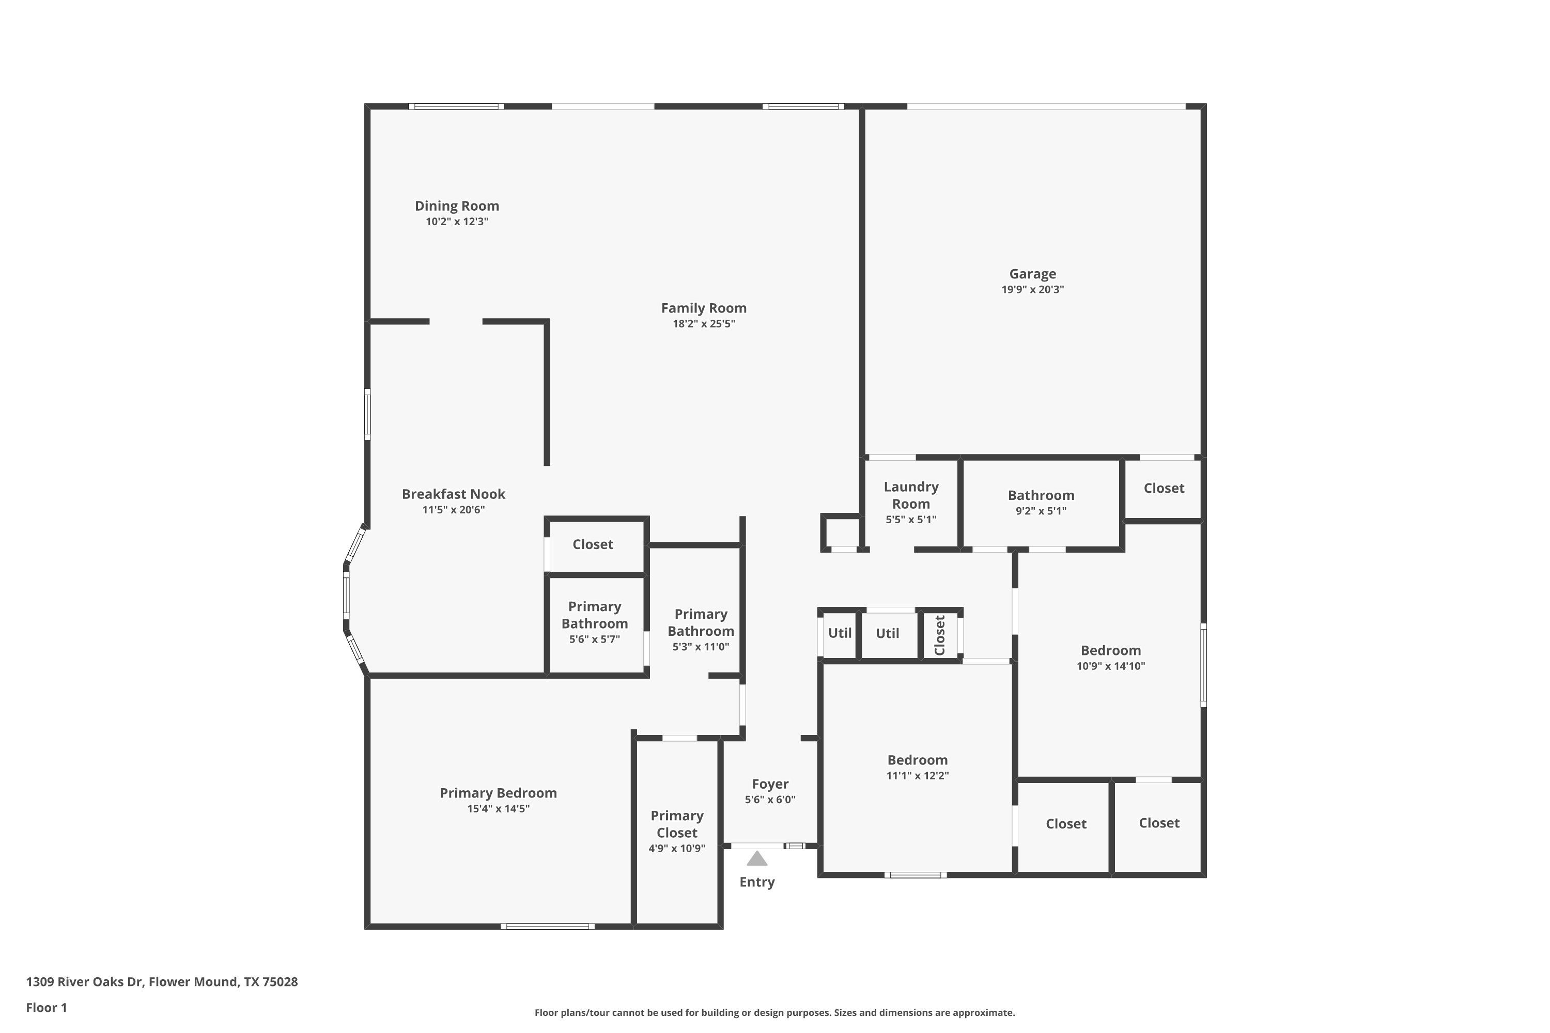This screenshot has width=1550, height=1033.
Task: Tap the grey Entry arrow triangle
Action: [x=756, y=859]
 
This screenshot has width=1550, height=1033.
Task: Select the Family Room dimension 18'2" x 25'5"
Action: [x=703, y=323]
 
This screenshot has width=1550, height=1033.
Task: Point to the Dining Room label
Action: [x=457, y=206]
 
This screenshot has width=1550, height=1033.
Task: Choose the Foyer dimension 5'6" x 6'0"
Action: [x=770, y=800]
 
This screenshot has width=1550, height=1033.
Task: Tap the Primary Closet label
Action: [x=677, y=824]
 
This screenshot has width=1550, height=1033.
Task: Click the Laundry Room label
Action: [x=911, y=495]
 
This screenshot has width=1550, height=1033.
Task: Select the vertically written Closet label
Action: [x=940, y=635]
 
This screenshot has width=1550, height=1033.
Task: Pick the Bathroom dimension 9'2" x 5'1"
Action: [x=1041, y=511]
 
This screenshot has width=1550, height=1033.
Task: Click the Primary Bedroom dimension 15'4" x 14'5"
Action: [x=498, y=808]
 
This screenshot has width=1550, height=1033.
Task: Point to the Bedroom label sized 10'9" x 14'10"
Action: [x=1110, y=650]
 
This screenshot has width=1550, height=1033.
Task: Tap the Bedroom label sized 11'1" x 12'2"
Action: [x=918, y=760]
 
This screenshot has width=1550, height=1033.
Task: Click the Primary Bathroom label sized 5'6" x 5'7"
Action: [x=595, y=615]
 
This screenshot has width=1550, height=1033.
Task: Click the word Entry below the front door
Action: [x=756, y=882]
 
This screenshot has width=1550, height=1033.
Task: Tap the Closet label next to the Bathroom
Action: [x=1164, y=488]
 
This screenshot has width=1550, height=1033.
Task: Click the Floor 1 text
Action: [x=46, y=1007]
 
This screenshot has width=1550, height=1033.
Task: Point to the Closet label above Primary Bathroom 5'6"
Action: [x=593, y=544]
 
